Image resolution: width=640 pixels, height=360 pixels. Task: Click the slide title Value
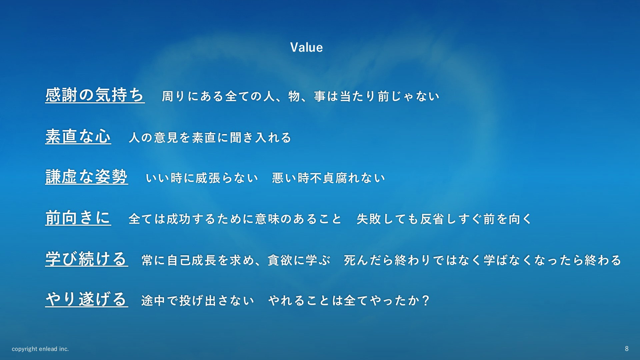point(306,47)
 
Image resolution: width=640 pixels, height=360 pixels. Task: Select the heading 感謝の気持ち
point(95,95)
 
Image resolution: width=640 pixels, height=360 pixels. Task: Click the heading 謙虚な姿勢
point(87,177)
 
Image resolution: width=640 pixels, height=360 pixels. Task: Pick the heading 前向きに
point(78,218)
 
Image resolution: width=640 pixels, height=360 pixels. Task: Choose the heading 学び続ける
point(87,259)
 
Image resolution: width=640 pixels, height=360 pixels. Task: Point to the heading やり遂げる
point(87,299)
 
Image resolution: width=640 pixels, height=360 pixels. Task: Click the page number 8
point(627,349)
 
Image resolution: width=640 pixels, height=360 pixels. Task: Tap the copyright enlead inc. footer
point(40,349)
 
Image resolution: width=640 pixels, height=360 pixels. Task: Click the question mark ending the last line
point(425,300)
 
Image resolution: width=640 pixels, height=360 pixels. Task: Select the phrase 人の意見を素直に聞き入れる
point(210,137)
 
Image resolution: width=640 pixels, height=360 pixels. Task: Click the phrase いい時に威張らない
point(202,178)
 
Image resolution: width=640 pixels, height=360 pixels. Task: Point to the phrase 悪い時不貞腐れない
point(328,178)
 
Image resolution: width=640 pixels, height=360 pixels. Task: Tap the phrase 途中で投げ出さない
point(198,301)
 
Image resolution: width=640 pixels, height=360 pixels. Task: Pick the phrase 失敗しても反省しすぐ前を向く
point(444,219)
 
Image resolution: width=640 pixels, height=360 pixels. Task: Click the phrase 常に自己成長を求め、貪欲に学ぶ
point(236,260)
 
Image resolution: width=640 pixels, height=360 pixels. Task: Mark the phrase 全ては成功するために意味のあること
point(235,219)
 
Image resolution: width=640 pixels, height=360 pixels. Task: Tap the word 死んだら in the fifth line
point(368,260)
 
